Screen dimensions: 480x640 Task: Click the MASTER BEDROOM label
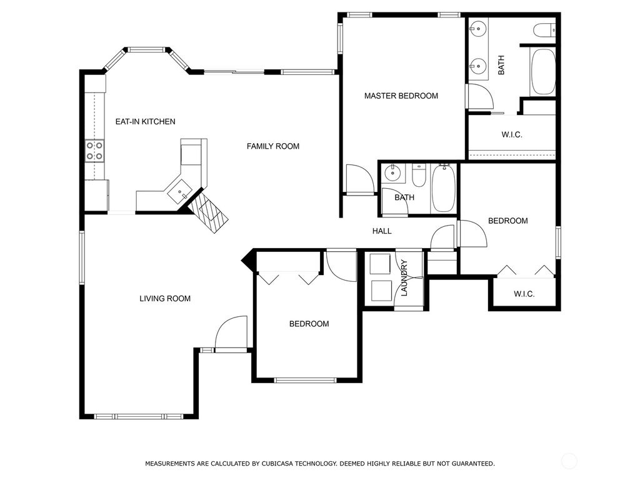pyautogui.click(x=401, y=96)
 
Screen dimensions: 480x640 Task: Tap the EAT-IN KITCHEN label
pyautogui.click(x=145, y=122)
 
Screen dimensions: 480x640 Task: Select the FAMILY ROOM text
pyautogui.click(x=272, y=146)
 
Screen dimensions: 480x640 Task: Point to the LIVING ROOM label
pyautogui.click(x=165, y=299)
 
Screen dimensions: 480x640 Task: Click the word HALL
pyautogui.click(x=382, y=231)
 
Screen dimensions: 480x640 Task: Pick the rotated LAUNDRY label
pyautogui.click(x=404, y=278)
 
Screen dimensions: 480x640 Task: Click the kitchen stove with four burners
pyautogui.click(x=95, y=151)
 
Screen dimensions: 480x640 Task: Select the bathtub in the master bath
pyautogui.click(x=542, y=72)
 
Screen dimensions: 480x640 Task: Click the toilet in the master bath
pyautogui.click(x=544, y=29)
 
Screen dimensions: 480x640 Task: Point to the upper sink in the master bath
pyautogui.click(x=478, y=28)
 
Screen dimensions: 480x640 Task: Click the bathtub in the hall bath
pyautogui.click(x=444, y=187)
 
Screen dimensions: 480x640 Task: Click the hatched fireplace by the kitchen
pyautogui.click(x=209, y=212)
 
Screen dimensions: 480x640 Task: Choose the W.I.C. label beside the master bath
pyautogui.click(x=511, y=135)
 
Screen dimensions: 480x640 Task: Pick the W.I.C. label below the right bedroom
pyautogui.click(x=524, y=294)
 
